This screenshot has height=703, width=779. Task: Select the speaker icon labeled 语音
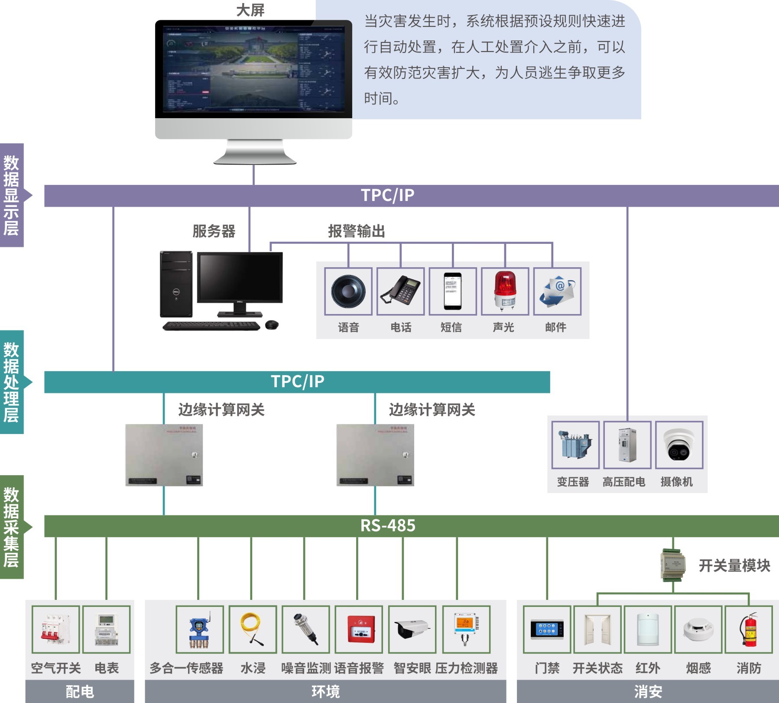coord(348,291)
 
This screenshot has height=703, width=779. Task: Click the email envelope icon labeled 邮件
coord(557,291)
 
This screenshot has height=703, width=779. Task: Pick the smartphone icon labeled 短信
coord(453,291)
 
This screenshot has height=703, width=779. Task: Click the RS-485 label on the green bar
coord(388,526)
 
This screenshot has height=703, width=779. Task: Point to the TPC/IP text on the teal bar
coord(297,382)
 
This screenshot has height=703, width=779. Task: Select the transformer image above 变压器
coord(575,444)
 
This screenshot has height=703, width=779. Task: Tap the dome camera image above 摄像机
coord(679,445)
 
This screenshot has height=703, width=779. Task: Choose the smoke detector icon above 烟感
coord(698,629)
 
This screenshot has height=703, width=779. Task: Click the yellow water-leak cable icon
coord(253,629)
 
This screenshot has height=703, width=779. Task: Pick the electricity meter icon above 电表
coord(106,629)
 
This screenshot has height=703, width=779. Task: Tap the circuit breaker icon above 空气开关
coord(55,629)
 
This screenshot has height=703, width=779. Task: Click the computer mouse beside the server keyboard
coord(272,324)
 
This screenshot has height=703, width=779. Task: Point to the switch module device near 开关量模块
coord(673,564)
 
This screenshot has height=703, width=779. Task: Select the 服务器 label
coord(214,231)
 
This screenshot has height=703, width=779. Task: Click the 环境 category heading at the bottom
coord(325,691)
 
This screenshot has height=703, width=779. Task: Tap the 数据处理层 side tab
coord(12,382)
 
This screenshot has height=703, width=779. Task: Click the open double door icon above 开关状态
coord(597,629)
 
